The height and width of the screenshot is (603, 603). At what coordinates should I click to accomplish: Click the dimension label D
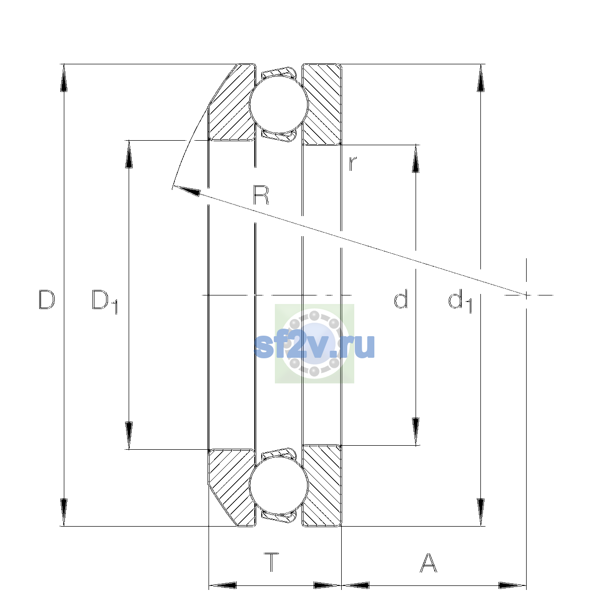coord(47,299)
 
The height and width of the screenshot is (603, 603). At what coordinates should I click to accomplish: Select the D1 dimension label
coord(105,301)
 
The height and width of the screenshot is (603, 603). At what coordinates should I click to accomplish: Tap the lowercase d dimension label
coord(400,299)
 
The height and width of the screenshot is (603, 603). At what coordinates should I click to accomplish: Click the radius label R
coord(261,195)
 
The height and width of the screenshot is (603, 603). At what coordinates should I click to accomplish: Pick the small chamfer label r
coord(353,163)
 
